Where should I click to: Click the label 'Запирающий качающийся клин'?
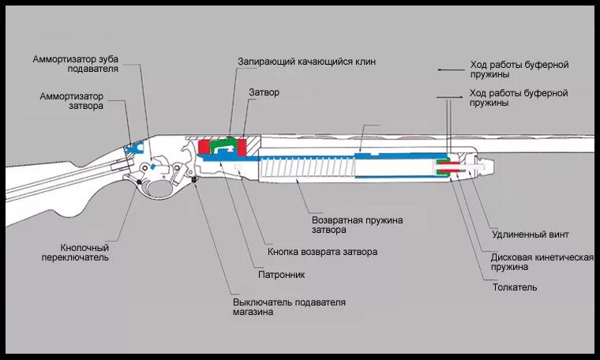click(x=307, y=61)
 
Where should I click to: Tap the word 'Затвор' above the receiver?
click(x=264, y=92)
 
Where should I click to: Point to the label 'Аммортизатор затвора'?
click(x=72, y=101)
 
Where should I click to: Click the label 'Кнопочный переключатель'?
click(x=75, y=252)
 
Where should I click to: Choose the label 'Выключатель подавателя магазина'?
click(x=289, y=307)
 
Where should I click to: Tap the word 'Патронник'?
click(x=282, y=275)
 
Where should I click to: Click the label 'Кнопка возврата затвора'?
click(x=322, y=252)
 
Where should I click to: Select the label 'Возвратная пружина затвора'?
click(x=357, y=225)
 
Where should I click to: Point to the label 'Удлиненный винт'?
click(x=530, y=234)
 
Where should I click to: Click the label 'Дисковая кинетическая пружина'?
click(x=541, y=262)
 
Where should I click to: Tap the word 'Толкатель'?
click(x=515, y=287)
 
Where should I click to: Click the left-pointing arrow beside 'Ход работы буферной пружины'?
click(x=449, y=69)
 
